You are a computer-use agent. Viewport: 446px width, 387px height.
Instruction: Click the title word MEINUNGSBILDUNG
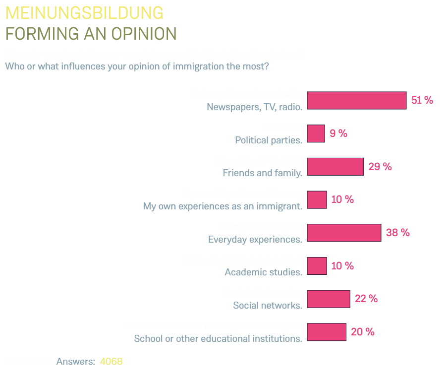click(84, 13)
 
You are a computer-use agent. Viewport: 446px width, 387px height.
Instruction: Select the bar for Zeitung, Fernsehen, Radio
click(356, 100)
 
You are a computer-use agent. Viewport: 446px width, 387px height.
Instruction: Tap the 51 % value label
click(422, 100)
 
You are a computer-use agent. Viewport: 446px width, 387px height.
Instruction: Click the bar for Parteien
click(316, 133)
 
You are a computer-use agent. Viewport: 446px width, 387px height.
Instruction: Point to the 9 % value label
click(338, 133)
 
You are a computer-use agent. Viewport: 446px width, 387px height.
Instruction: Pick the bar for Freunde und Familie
click(335, 167)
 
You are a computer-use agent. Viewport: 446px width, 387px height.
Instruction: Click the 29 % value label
click(380, 167)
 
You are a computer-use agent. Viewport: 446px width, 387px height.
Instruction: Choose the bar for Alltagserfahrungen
click(344, 233)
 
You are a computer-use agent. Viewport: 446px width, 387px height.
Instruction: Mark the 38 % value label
click(398, 233)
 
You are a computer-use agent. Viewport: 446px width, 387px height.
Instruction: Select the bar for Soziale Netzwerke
click(329, 299)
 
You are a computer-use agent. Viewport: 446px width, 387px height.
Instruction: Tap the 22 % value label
click(366, 299)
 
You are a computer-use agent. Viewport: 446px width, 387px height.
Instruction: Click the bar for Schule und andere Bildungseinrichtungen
click(327, 332)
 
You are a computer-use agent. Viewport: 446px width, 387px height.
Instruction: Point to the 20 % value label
click(363, 332)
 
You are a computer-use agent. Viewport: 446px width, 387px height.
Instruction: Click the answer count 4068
click(111, 362)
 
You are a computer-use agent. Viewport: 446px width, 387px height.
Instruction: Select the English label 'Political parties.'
click(269, 140)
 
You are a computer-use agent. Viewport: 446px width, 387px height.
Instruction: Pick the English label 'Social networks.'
click(268, 306)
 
